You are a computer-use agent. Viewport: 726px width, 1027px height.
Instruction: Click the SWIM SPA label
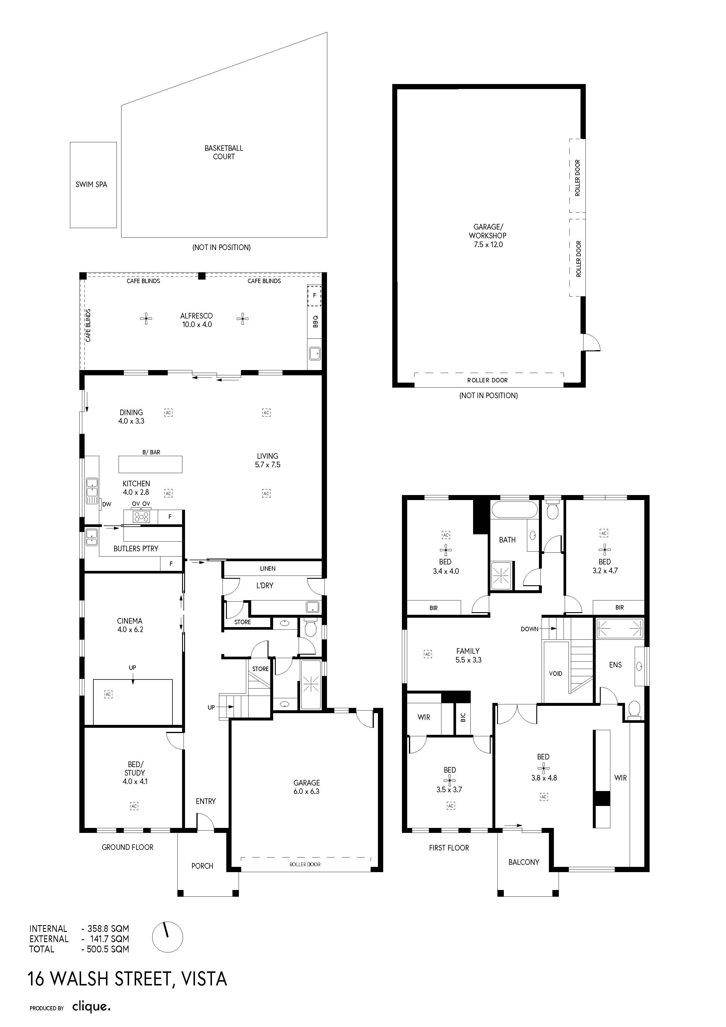[91, 184]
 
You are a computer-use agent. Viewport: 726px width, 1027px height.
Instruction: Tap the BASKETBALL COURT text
[224, 152]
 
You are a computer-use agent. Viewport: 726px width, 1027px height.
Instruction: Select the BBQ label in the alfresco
[315, 321]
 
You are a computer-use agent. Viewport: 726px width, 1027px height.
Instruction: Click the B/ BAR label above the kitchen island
[151, 452]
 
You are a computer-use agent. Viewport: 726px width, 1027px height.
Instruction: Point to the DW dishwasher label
[107, 504]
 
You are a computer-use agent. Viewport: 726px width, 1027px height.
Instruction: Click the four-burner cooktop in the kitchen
[142, 517]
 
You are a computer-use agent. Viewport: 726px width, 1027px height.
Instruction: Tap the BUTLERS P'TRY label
[136, 548]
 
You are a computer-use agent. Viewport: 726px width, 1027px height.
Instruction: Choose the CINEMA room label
[130, 621]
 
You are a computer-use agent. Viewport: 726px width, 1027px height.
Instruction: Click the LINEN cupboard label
[268, 569]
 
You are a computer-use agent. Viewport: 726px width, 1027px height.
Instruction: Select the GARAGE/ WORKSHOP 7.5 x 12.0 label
[488, 236]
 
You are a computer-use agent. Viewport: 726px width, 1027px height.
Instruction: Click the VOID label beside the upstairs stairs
[556, 674]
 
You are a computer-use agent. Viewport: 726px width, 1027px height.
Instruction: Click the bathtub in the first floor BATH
[513, 510]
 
